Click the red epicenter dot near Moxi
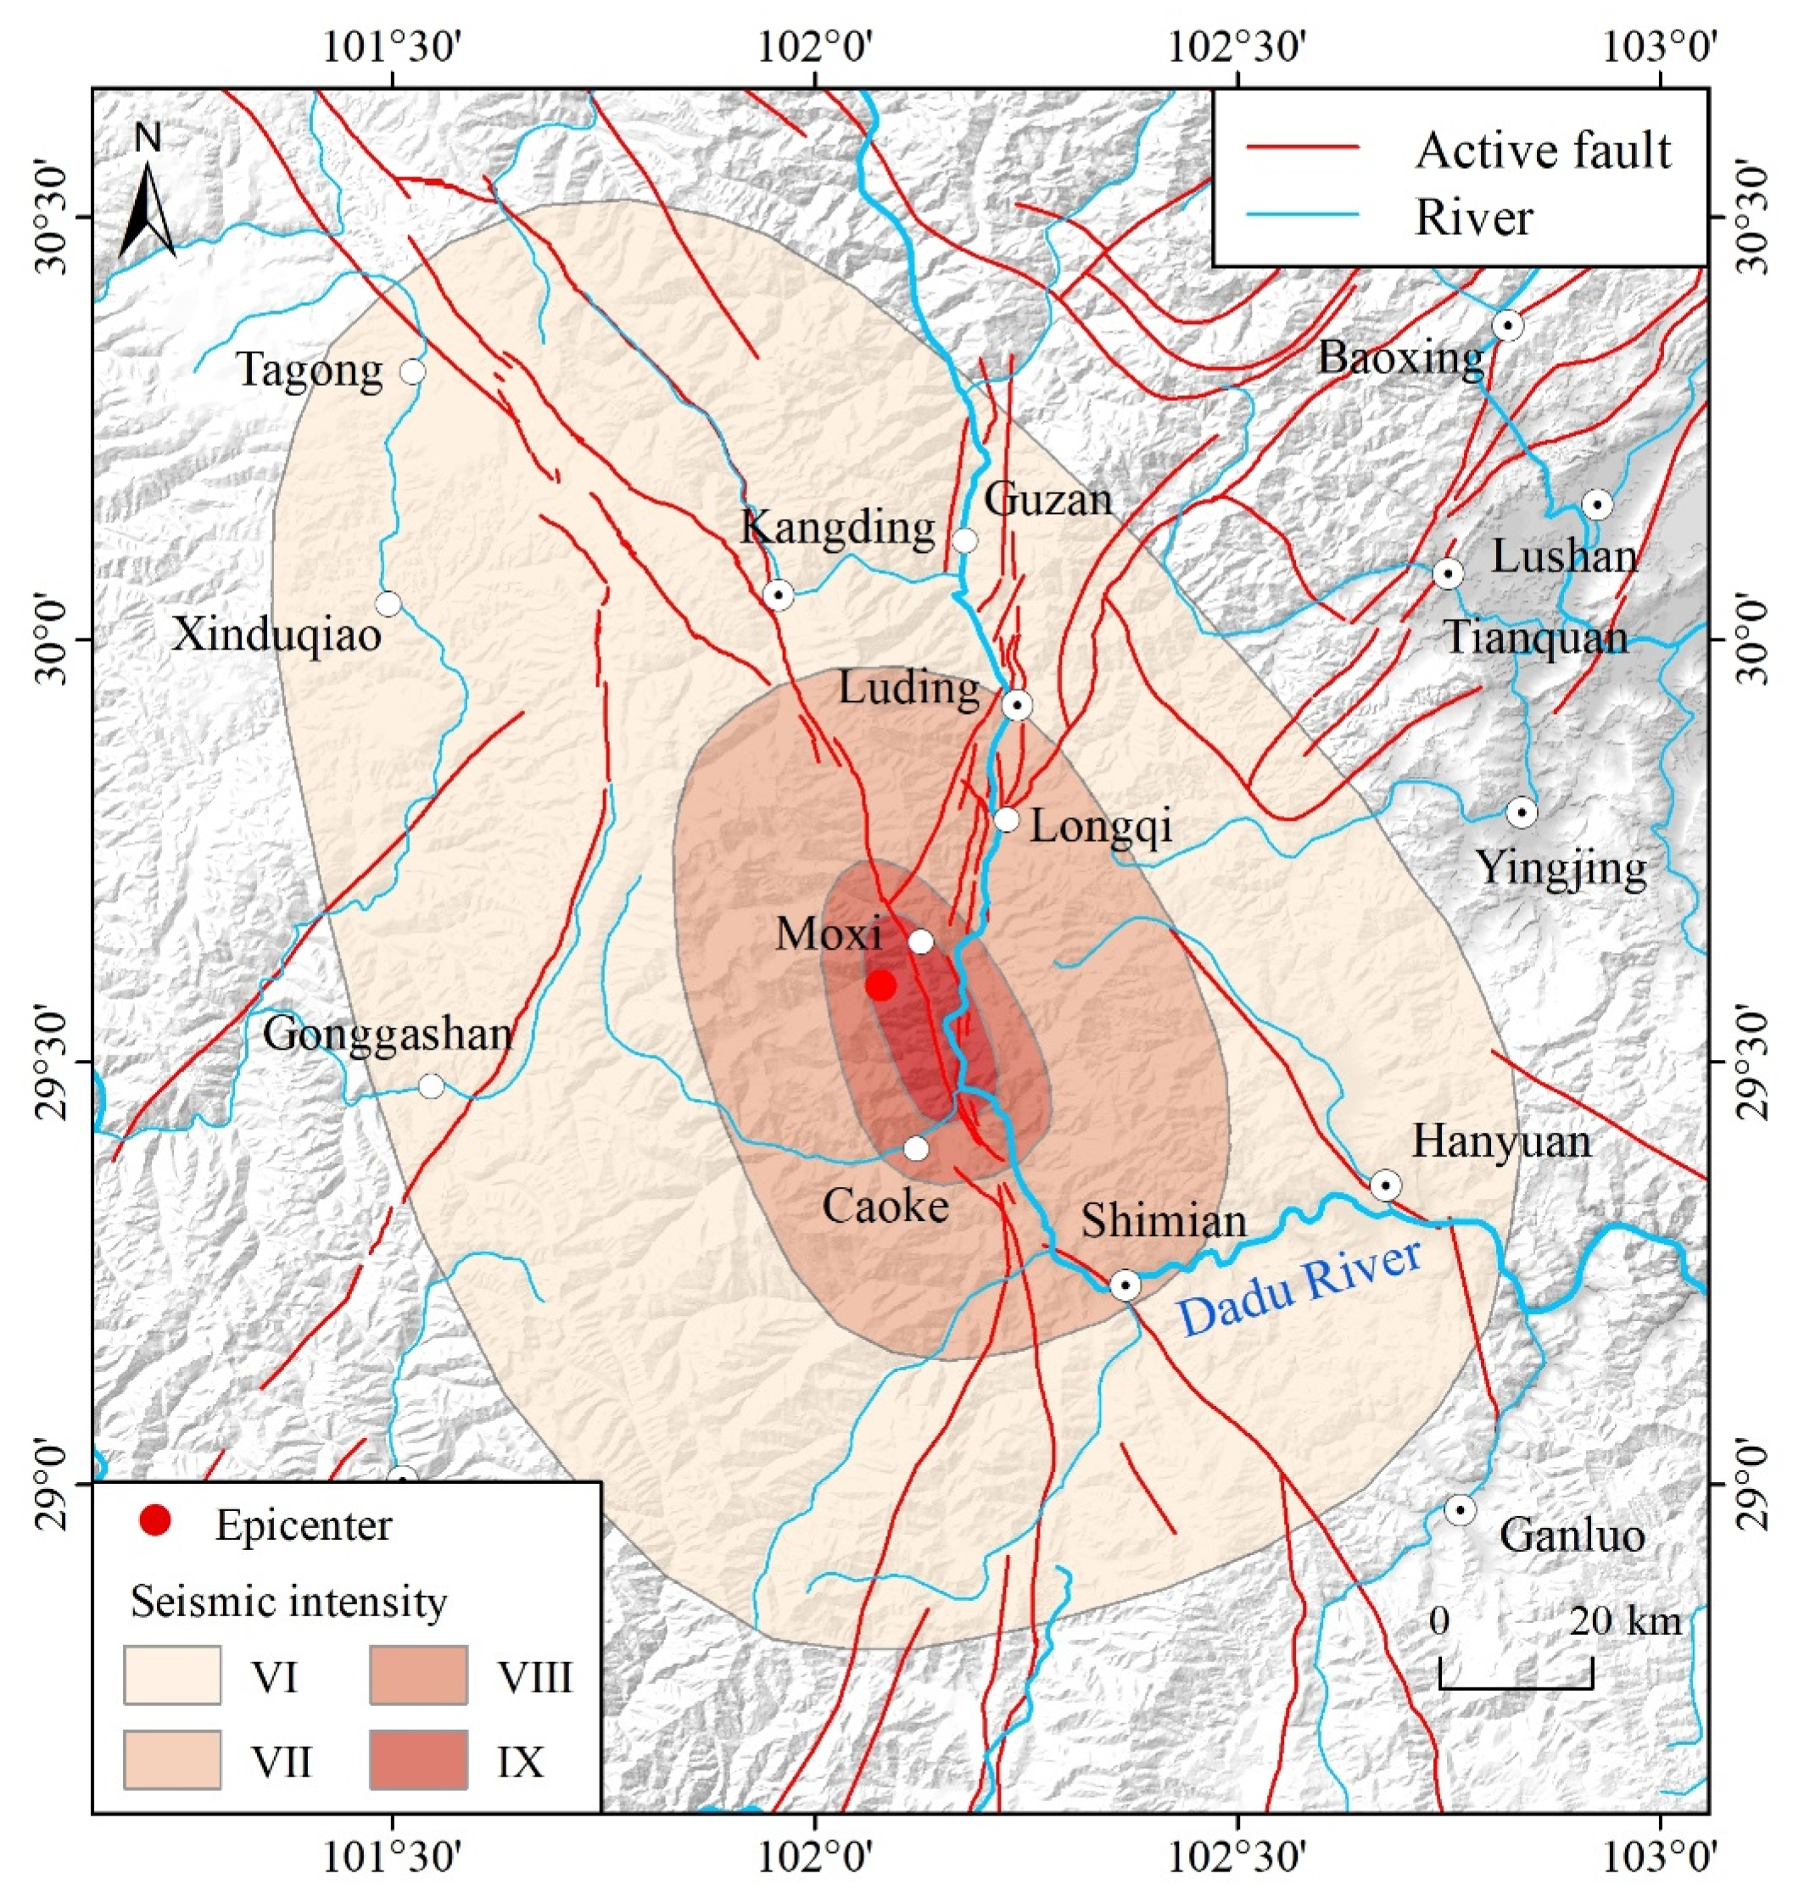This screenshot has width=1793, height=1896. (x=880, y=985)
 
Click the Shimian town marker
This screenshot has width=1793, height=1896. (x=1125, y=1285)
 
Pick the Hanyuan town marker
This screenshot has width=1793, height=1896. (x=1385, y=1186)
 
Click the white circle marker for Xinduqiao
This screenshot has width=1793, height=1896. (x=388, y=604)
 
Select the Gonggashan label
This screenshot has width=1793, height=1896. (x=388, y=1034)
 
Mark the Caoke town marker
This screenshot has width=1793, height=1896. (x=917, y=1149)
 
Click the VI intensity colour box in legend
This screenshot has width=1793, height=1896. (x=172, y=1675)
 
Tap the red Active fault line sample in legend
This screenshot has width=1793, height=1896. (x=1301, y=148)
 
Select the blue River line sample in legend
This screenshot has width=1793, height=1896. (x=1301, y=217)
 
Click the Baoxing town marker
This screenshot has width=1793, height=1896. (x=1508, y=326)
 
